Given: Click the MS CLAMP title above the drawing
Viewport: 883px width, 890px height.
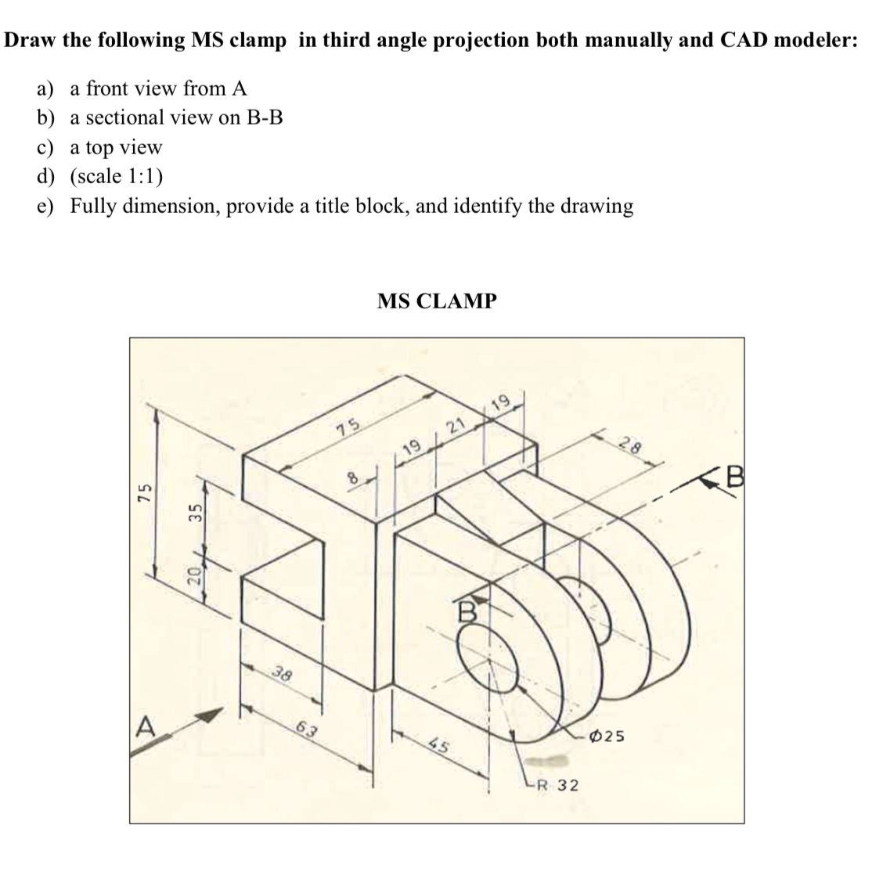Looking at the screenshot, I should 436,301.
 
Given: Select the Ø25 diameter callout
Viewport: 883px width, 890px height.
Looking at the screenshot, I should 608,736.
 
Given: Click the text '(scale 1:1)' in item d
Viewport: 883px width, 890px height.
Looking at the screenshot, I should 117,176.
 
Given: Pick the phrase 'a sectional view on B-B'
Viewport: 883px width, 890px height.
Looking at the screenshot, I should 177,117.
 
